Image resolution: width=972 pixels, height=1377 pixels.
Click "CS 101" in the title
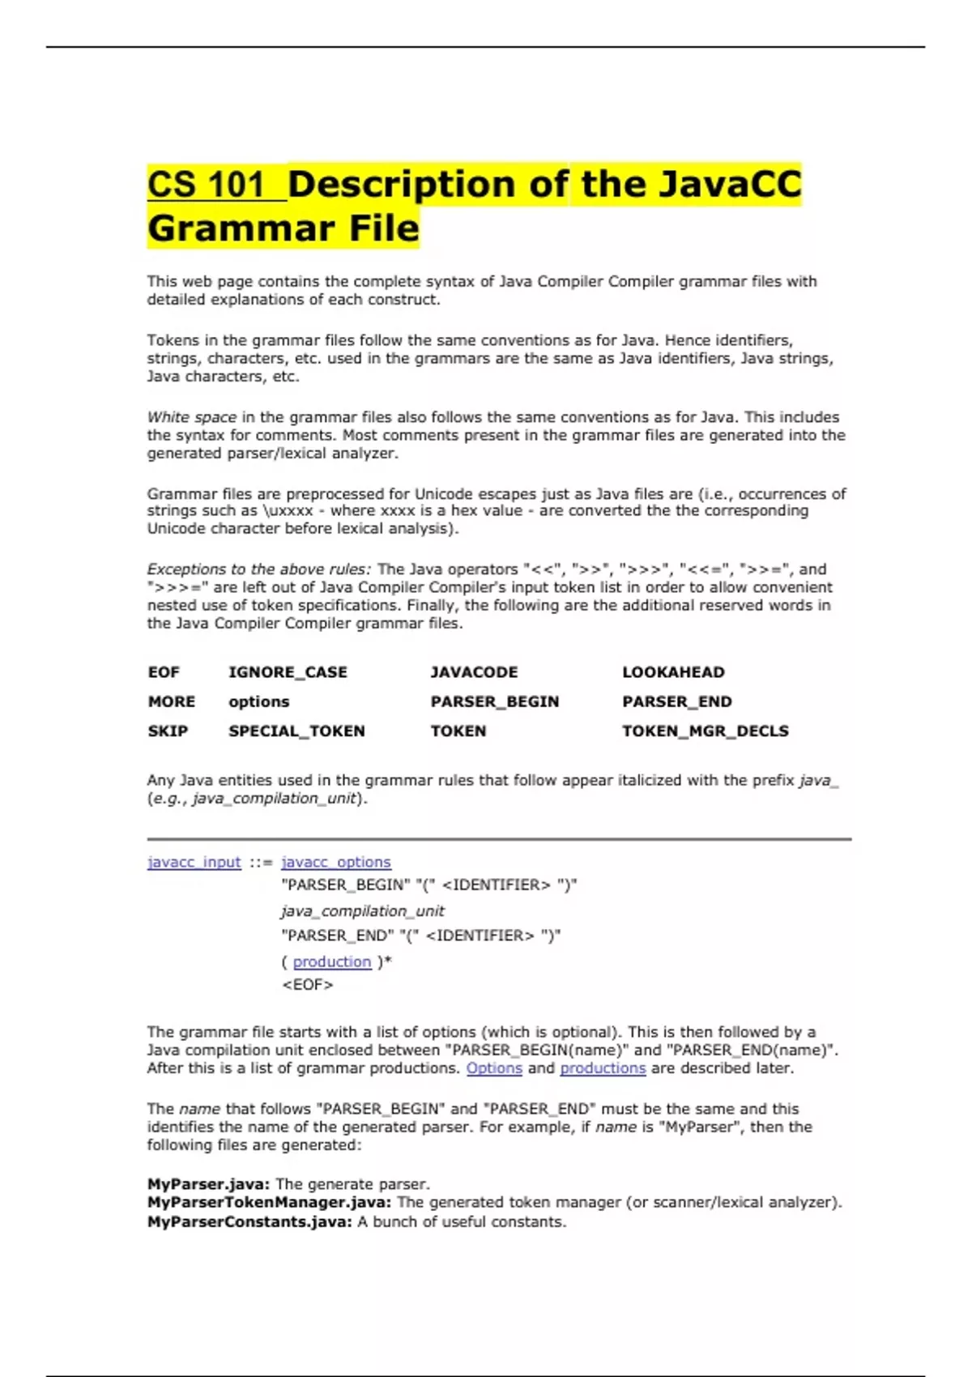(x=207, y=185)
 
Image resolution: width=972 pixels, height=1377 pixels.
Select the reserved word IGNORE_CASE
(x=288, y=672)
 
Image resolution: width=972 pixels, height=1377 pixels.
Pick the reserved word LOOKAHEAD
(x=673, y=672)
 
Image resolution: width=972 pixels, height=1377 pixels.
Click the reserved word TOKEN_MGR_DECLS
(x=705, y=731)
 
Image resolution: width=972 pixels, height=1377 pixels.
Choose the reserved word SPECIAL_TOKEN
(x=296, y=731)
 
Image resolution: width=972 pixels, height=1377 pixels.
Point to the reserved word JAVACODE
(x=474, y=672)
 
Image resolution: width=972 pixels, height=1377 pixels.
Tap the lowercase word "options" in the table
(x=258, y=701)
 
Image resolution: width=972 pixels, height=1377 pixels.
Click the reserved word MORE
(x=171, y=701)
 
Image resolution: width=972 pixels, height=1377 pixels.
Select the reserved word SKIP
(x=168, y=731)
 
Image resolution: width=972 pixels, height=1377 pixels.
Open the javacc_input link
(x=194, y=862)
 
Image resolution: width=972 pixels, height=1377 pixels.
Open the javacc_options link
(x=335, y=862)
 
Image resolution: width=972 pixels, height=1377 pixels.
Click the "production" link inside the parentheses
(x=332, y=961)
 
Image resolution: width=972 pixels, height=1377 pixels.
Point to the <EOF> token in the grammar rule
(x=307, y=985)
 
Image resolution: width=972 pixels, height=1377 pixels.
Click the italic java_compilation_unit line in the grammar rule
(x=362, y=911)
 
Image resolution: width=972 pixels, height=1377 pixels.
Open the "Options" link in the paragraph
(x=494, y=1068)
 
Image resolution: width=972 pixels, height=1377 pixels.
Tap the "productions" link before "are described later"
(x=603, y=1068)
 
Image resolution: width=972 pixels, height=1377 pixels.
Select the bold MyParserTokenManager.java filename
(x=269, y=1203)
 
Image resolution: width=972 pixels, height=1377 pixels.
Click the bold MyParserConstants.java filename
(x=249, y=1221)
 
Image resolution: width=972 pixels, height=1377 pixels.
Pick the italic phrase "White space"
(x=191, y=417)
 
